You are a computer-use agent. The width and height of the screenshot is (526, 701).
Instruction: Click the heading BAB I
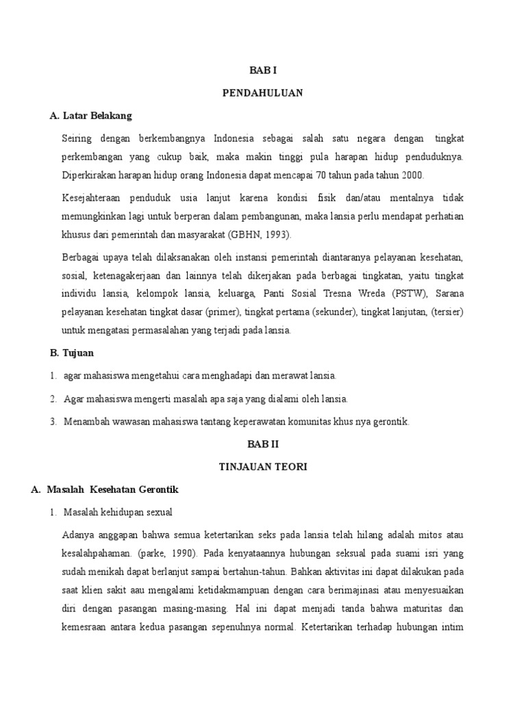[262, 70]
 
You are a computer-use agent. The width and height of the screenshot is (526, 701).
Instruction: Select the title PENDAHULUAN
[262, 92]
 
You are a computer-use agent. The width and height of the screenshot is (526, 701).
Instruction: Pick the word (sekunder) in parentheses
[334, 312]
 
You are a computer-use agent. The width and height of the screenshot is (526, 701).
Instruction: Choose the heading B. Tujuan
[72, 353]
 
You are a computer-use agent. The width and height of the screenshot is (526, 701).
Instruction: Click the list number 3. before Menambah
[53, 422]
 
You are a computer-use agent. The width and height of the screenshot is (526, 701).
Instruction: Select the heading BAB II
[262, 444]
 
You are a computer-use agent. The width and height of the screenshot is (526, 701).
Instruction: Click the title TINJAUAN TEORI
[262, 466]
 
